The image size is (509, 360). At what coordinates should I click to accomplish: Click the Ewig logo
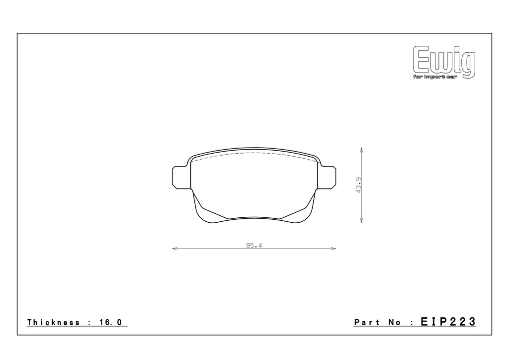click(x=444, y=62)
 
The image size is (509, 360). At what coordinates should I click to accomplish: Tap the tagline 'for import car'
click(x=435, y=77)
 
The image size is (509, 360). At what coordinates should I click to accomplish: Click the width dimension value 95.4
click(x=254, y=246)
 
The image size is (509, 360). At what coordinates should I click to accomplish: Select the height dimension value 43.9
click(x=359, y=185)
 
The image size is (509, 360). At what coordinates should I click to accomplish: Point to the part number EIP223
click(x=448, y=322)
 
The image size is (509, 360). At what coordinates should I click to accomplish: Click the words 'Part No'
click(x=377, y=322)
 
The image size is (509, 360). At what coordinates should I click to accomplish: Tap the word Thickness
click(x=53, y=322)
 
